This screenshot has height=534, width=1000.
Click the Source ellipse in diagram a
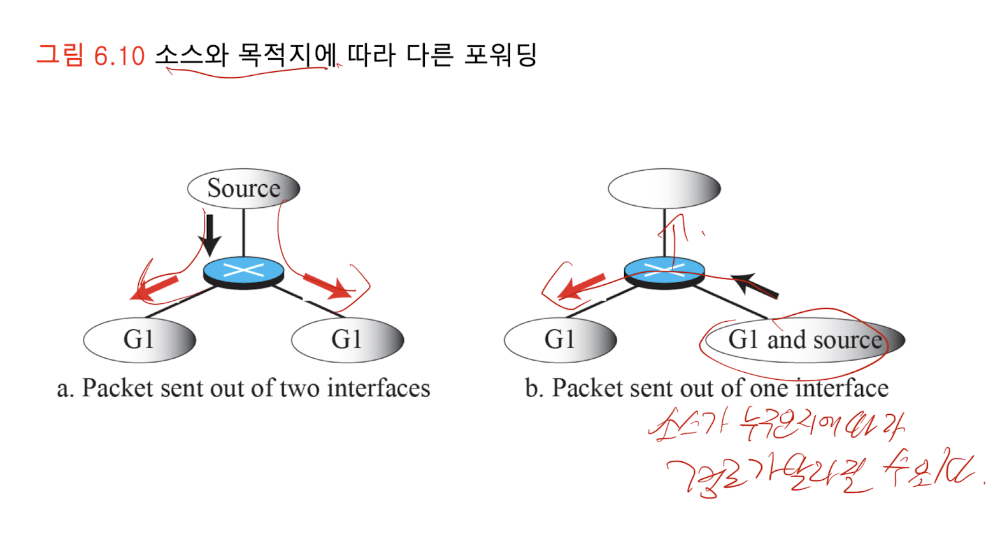(243, 188)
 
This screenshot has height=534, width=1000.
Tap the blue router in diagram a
(243, 272)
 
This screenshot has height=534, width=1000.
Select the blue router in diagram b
(664, 272)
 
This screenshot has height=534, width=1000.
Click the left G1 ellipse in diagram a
(139, 340)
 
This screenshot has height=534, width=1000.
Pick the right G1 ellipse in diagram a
(347, 340)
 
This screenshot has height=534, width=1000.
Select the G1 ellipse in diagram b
(560, 340)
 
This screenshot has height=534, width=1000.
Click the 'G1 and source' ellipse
(805, 340)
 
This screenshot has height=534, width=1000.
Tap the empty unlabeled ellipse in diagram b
(664, 188)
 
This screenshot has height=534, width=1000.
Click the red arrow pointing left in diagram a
(154, 288)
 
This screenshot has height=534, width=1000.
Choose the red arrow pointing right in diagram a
(327, 286)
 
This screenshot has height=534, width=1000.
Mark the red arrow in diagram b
(581, 287)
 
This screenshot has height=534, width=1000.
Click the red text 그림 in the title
(60, 55)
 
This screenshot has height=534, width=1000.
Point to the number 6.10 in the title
(119, 56)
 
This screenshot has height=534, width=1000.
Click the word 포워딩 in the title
(501, 55)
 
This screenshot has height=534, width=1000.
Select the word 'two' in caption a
(299, 388)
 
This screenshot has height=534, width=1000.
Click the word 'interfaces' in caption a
(379, 388)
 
